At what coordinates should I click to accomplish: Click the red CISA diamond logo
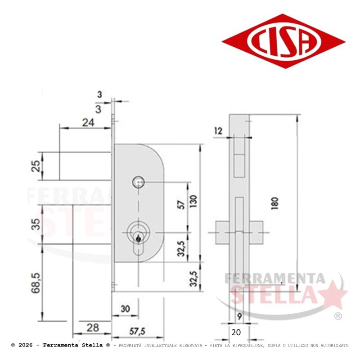pyautogui.click(x=283, y=41)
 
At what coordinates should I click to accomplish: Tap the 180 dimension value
pyautogui.click(x=274, y=203)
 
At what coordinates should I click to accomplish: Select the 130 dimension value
pyautogui.click(x=193, y=201)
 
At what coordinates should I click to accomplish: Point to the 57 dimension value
pyautogui.click(x=181, y=205)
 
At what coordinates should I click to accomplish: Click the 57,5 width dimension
pyautogui.click(x=137, y=331)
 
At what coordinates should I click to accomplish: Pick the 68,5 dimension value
pyautogui.click(x=36, y=283)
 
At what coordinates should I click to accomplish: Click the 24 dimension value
pyautogui.click(x=88, y=122)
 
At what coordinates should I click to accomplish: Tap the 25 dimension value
pyautogui.click(x=36, y=166)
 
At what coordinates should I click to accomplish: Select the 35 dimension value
pyautogui.click(x=36, y=224)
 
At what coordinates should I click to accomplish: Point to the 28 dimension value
pyautogui.click(x=93, y=328)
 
